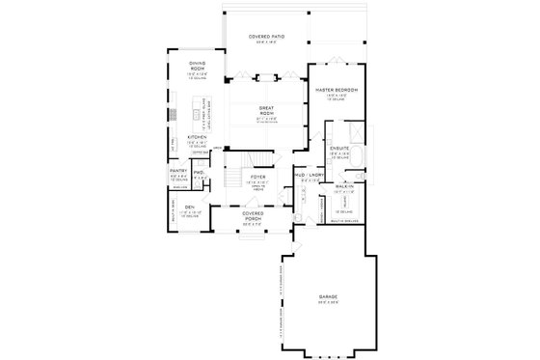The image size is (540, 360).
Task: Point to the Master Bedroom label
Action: tap(336, 89)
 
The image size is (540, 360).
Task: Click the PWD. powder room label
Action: tap(199, 172)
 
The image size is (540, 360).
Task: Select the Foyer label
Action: tap(259, 178)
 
